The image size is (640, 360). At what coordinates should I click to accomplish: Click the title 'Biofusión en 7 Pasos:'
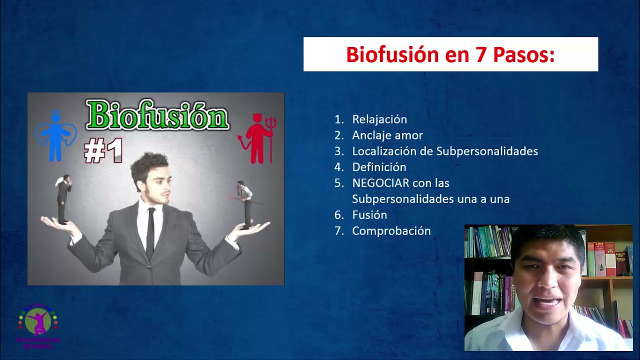pos(450,54)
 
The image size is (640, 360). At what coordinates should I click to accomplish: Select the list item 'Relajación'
pos(379,119)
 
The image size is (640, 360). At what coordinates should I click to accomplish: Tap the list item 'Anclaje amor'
pos(387,135)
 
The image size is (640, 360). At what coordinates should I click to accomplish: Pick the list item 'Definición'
pos(379,167)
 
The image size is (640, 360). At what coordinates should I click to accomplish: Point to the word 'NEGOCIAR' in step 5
pos(379,183)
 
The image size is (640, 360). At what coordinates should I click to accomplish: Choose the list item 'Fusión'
pos(369,215)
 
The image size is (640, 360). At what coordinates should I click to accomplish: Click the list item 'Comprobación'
pos(391,231)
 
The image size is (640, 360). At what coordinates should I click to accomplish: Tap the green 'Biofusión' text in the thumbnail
pos(157,115)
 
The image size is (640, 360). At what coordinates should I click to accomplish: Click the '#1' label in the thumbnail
pos(103,150)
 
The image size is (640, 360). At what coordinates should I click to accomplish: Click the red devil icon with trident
pos(258,138)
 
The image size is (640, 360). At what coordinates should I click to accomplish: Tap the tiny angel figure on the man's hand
pos(63,199)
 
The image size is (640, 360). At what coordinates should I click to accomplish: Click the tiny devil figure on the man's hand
pos(245,204)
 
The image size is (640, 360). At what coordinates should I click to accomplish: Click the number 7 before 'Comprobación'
pos(339,231)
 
